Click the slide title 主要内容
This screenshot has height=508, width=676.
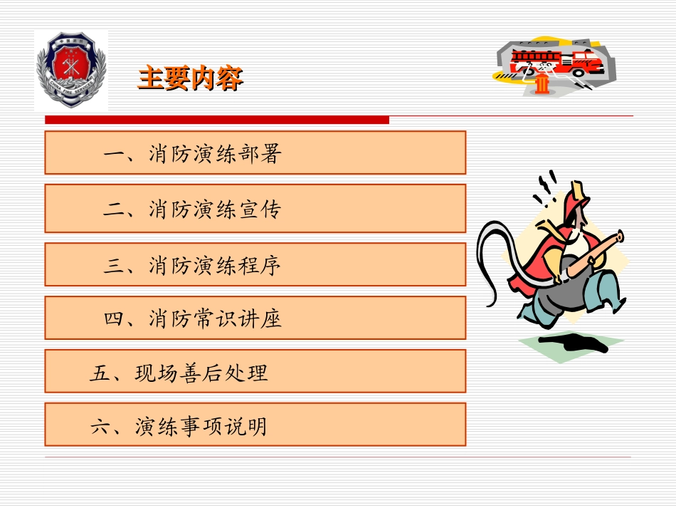point(190,78)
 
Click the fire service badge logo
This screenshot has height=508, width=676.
point(71,71)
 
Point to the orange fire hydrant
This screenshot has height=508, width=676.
point(543,84)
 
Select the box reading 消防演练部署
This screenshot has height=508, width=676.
point(255,152)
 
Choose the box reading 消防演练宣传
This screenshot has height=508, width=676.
point(255,208)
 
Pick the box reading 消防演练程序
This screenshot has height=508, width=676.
point(255,264)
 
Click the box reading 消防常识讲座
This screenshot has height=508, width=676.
point(255,318)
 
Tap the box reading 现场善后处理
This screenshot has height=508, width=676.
point(255,371)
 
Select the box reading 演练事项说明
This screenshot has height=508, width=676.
point(255,425)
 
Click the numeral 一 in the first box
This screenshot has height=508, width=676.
point(114,153)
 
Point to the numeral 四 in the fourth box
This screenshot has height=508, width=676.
point(114,318)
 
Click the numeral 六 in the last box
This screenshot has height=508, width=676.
point(100,427)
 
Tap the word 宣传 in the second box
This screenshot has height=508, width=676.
point(260,209)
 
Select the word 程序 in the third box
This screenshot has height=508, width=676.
point(260,265)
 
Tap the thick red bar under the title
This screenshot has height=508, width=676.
point(217,120)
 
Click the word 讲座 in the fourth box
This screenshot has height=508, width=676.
point(260,318)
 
